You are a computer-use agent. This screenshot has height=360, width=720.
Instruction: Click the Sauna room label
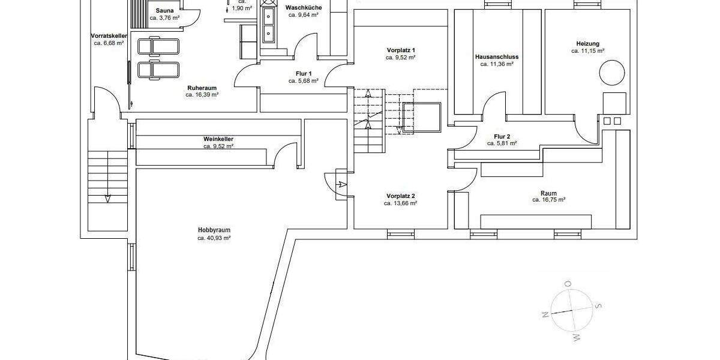[164, 11]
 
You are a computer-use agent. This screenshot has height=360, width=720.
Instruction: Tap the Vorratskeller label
[109, 36]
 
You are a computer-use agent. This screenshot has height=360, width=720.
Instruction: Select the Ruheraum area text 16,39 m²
[202, 95]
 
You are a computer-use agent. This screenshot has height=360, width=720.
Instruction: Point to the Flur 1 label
[302, 73]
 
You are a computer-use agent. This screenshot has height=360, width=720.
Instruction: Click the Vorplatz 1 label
[401, 50]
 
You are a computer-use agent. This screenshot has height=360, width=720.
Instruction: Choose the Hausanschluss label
[496, 57]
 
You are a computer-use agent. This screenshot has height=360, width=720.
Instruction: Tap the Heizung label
[587, 44]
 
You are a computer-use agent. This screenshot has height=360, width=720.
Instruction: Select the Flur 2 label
[502, 136]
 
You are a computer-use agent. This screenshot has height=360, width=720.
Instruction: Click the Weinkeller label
[218, 139]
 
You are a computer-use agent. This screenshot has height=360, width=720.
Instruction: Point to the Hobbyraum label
[214, 230]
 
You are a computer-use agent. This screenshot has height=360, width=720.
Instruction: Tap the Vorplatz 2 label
[401, 196]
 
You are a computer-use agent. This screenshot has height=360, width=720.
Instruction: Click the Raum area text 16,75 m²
[549, 200]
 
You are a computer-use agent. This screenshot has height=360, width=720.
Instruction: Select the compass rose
[568, 310]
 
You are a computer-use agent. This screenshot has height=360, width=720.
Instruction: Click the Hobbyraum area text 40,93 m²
[214, 238]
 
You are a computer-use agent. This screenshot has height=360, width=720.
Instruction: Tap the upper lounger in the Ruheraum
[157, 46]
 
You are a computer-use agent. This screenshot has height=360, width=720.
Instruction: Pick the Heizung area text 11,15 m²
[587, 52]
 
